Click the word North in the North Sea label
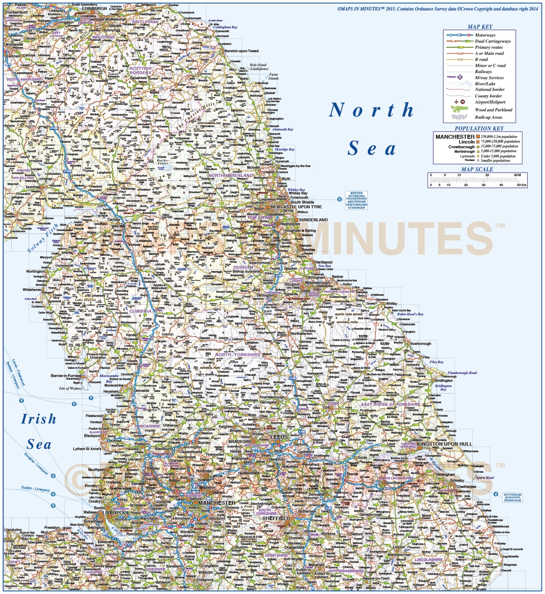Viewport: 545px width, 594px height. pos(372,110)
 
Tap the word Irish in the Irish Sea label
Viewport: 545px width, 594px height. pos(39,419)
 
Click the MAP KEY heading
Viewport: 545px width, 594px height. pos(480,27)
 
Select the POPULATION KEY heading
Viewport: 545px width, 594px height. pos(479,128)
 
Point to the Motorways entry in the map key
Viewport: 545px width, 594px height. pos(485,35)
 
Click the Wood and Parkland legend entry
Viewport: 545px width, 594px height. pos(493,110)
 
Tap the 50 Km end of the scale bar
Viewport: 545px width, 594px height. pos(521,185)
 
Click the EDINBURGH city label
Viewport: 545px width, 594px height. pos(94,9)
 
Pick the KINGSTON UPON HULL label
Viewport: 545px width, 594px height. pos(444,444)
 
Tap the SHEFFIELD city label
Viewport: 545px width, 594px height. pos(276,518)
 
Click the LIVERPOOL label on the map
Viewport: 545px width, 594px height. pos(116,513)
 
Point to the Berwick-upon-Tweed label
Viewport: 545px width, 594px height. pos(241,51)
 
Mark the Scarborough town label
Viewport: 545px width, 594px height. pos(420,344)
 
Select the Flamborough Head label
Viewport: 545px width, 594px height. pos(462,373)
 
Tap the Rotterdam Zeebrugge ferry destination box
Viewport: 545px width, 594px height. pos(512,497)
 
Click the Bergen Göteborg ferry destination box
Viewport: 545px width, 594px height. pos(356,200)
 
